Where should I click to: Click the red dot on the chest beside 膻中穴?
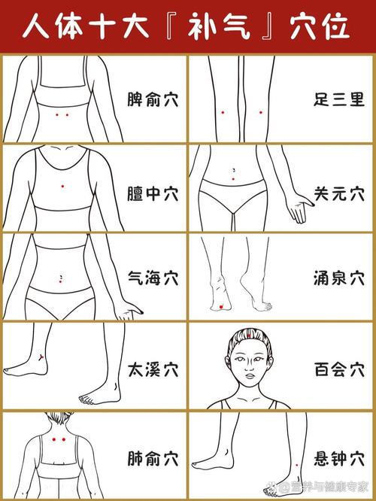pyautogui.click(x=62, y=186)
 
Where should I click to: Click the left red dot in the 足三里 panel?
pyautogui.click(x=223, y=111)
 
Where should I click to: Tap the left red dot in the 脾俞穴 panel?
pyautogui.click(x=58, y=114)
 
